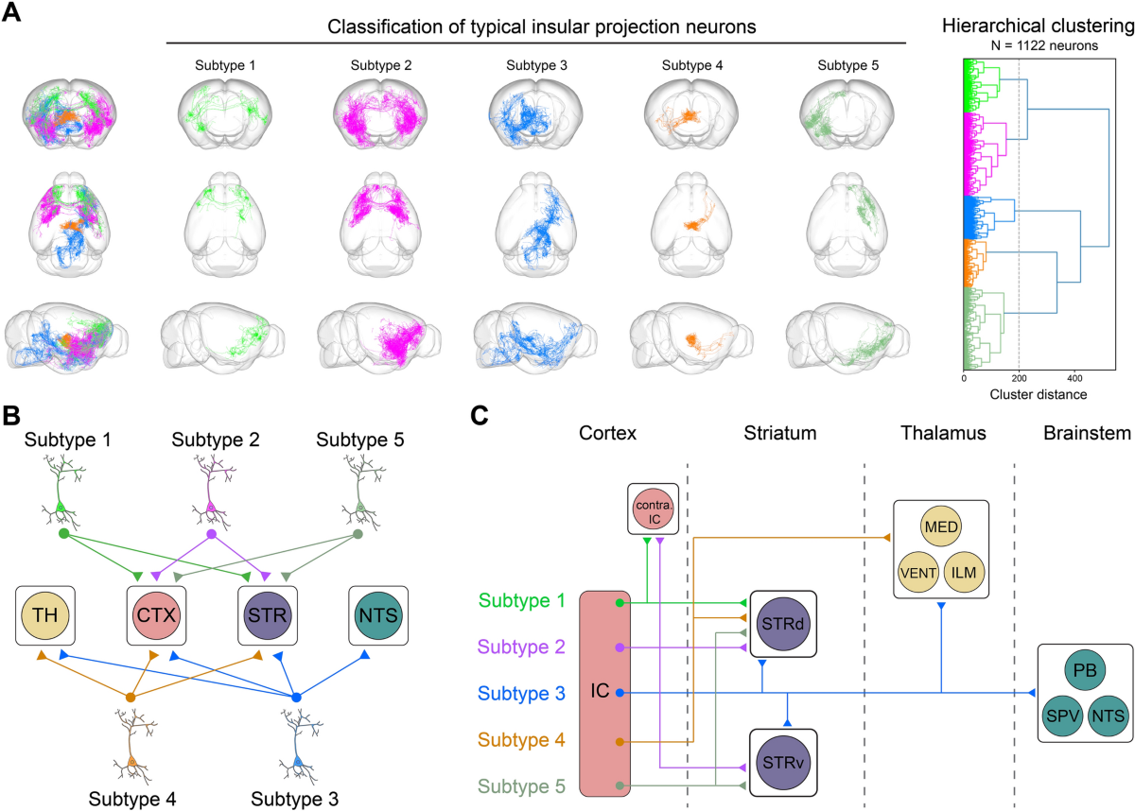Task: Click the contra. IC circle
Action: point(654,510)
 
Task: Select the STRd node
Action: point(783,625)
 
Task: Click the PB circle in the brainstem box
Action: point(1085,672)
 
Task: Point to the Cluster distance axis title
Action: point(1022,394)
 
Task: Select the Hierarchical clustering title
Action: point(1039,28)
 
